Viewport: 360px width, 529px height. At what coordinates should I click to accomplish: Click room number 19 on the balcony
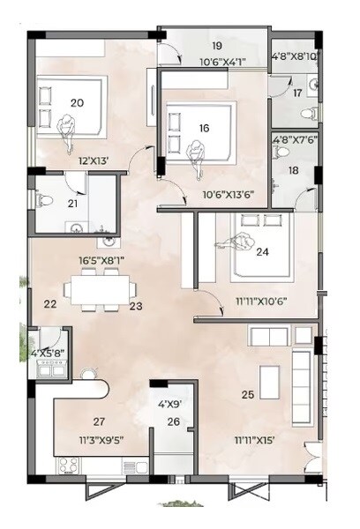(x=217, y=45)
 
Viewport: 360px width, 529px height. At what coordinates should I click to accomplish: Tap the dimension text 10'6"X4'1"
(x=217, y=61)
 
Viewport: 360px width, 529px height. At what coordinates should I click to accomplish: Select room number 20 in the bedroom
(x=77, y=103)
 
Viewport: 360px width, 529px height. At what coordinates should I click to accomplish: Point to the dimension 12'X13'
(x=82, y=160)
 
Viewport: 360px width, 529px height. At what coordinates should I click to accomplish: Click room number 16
(x=204, y=128)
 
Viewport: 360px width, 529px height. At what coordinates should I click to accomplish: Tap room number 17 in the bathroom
(x=297, y=92)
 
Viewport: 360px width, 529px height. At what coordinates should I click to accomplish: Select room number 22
(x=50, y=305)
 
